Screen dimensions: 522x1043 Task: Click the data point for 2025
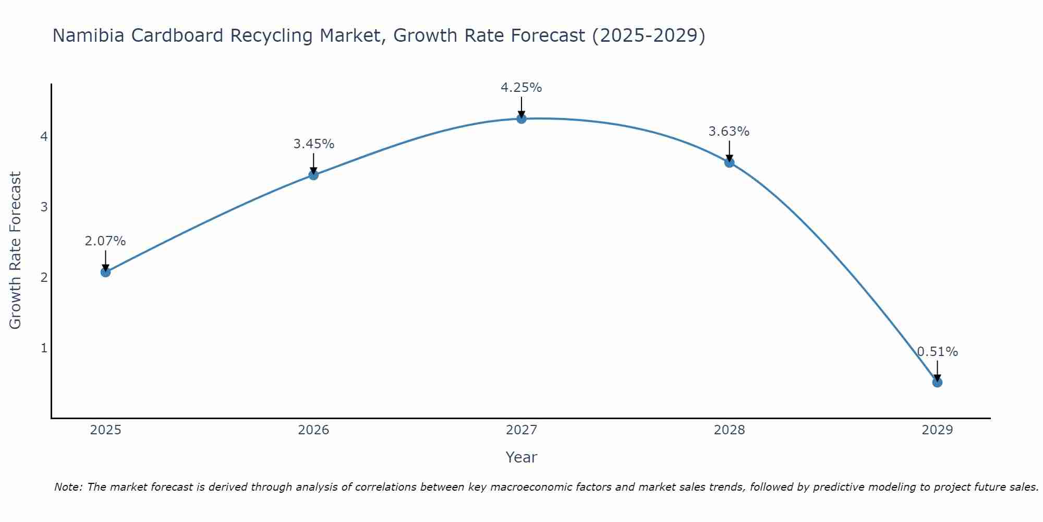pyautogui.click(x=105, y=272)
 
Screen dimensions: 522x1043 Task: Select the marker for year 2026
pyautogui.click(x=313, y=175)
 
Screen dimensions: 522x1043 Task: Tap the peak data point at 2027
pyautogui.click(x=521, y=118)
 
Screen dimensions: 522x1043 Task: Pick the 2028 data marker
pyautogui.click(x=729, y=162)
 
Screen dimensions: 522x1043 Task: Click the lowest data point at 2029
pyautogui.click(x=937, y=382)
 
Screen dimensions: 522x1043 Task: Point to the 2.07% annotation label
pyautogui.click(x=105, y=241)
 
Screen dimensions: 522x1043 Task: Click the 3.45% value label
pyautogui.click(x=313, y=144)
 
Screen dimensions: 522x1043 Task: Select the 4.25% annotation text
pyautogui.click(x=521, y=88)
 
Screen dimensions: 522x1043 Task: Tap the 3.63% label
pyautogui.click(x=729, y=132)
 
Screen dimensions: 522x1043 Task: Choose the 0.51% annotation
pyautogui.click(x=937, y=352)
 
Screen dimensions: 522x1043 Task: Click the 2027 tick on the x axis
pyautogui.click(x=521, y=430)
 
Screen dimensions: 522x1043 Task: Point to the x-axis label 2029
pyautogui.click(x=937, y=430)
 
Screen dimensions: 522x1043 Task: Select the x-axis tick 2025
pyautogui.click(x=105, y=430)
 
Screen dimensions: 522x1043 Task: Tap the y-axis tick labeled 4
pyautogui.click(x=44, y=137)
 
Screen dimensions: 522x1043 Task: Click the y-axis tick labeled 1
pyautogui.click(x=44, y=348)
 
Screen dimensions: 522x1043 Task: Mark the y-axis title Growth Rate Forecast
pyautogui.click(x=16, y=251)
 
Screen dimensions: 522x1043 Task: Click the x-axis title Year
pyautogui.click(x=521, y=457)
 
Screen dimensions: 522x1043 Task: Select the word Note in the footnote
pyautogui.click(x=68, y=487)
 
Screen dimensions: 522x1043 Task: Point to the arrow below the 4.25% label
pyautogui.click(x=521, y=107)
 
